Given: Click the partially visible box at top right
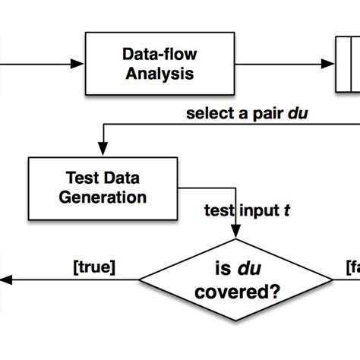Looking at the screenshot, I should (349, 64).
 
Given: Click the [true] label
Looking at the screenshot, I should (93, 267).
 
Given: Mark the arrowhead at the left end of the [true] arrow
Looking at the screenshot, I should (5, 280).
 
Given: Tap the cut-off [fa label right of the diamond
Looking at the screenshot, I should (351, 267).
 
